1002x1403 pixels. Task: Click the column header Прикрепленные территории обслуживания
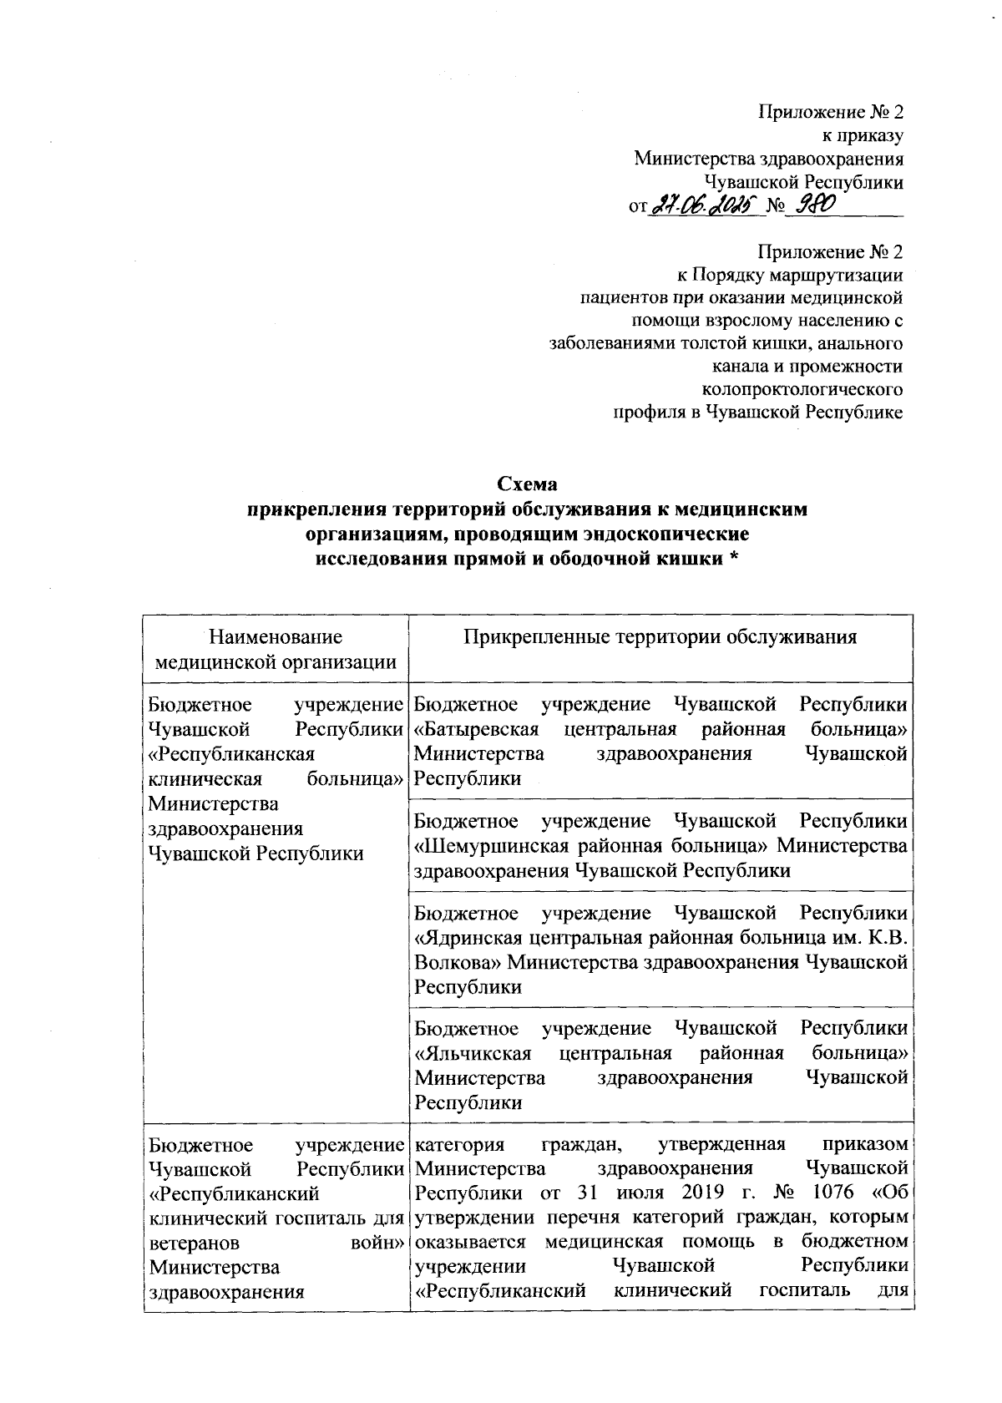tap(661, 637)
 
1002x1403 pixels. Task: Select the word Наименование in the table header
tap(276, 637)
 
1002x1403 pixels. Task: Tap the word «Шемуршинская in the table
tap(487, 846)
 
